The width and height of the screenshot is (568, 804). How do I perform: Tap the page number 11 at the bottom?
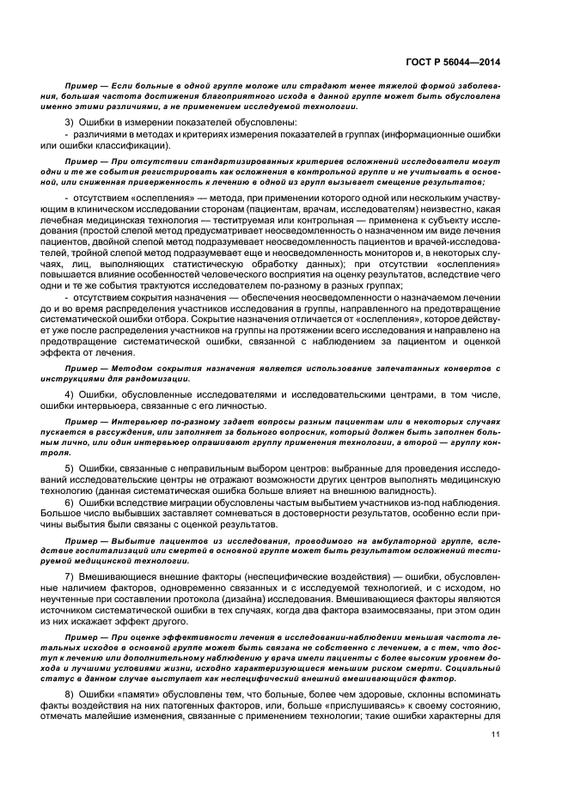495,733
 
